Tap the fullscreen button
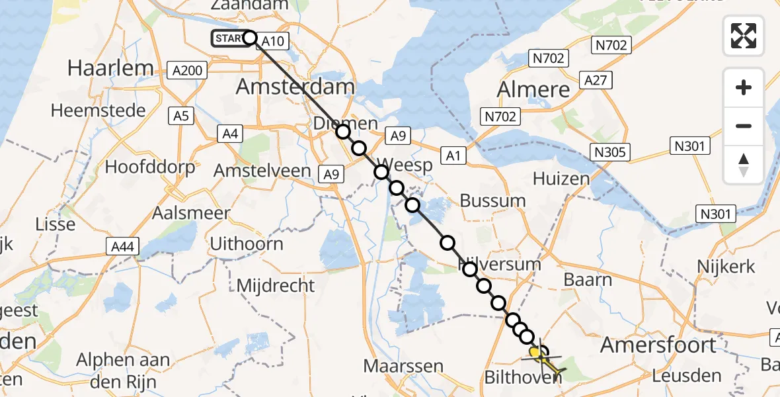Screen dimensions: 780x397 (744, 36)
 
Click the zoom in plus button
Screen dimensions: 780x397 (744, 87)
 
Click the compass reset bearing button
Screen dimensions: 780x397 (744, 165)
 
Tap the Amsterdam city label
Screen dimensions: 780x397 (295, 87)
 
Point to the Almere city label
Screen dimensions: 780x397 (533, 89)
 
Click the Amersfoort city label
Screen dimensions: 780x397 (658, 345)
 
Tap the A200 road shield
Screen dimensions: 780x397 (188, 69)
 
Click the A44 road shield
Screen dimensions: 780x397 (122, 247)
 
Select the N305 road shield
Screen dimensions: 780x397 (609, 153)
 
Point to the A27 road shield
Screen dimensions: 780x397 (596, 80)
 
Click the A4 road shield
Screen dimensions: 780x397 (230, 134)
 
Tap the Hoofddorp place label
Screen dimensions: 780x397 (151, 167)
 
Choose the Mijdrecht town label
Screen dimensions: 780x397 (276, 285)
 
